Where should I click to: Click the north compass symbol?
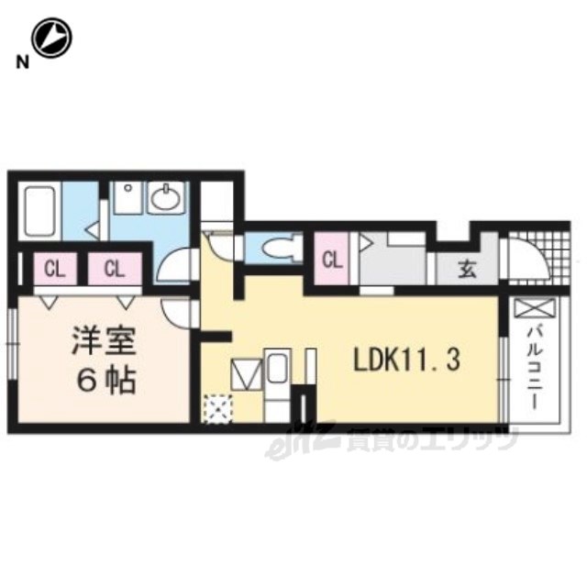51,38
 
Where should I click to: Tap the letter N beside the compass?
22,62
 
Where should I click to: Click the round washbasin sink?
165,198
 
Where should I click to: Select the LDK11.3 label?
407,360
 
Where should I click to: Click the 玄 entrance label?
468,269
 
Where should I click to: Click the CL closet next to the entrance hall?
332,259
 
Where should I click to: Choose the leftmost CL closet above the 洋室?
55,269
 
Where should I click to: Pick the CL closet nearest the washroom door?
115,269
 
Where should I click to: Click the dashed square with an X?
218,409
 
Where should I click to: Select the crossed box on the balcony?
536,308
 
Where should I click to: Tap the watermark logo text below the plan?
392,442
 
